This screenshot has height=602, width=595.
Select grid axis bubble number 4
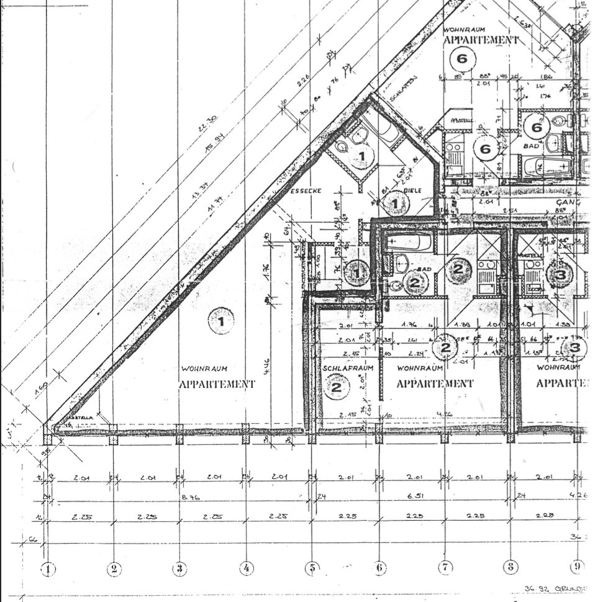click(x=246, y=568)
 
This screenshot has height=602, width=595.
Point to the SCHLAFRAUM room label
click(x=348, y=368)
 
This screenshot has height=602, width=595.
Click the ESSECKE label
click(x=306, y=191)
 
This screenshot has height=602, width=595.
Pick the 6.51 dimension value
click(x=412, y=497)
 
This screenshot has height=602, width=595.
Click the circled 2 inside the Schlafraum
click(x=336, y=387)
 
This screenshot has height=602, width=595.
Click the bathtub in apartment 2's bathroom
click(x=407, y=241)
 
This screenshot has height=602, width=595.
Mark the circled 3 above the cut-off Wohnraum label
click(x=575, y=348)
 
